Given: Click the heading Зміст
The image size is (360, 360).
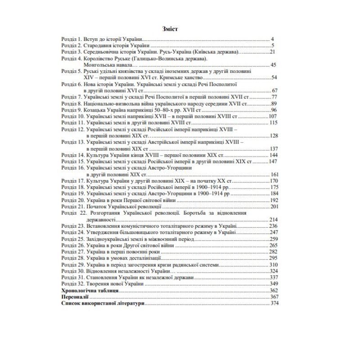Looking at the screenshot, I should (170, 29).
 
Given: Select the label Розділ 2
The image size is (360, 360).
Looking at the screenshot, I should (71, 46).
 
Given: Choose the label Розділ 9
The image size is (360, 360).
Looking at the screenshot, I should (71, 110).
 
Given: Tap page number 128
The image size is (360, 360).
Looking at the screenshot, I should (274, 136).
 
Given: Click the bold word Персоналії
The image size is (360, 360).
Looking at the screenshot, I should (74, 297).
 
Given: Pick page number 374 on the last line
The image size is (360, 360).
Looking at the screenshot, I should (275, 304).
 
